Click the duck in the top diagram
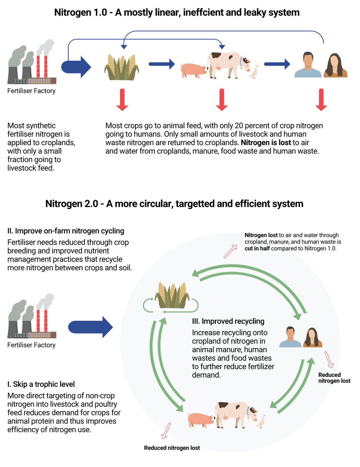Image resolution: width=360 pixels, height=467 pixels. [x=255, y=72]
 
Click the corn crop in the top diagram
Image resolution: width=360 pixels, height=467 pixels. [x=122, y=67]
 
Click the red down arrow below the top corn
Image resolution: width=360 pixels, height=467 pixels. [x=122, y=100]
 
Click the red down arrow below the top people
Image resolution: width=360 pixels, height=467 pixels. [x=321, y=100]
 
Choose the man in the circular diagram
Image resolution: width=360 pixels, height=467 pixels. [x=290, y=337]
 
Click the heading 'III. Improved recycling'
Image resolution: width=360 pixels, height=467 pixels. [x=228, y=321]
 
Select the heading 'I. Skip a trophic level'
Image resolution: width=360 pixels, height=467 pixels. [x=41, y=384]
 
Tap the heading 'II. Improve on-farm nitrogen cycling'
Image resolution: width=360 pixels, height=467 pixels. [x=66, y=231]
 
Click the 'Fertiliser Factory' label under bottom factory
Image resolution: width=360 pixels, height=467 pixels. [x=32, y=345]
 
